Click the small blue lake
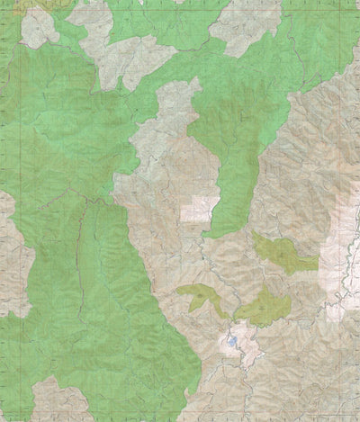click(x=231, y=342)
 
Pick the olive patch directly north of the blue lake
click(x=261, y=309)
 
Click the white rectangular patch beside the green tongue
click(x=199, y=210)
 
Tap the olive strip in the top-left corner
click(x=27, y=4)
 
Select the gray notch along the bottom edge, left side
click(x=54, y=400)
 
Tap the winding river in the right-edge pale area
click(x=344, y=270)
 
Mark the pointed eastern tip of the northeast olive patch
click(x=318, y=263)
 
